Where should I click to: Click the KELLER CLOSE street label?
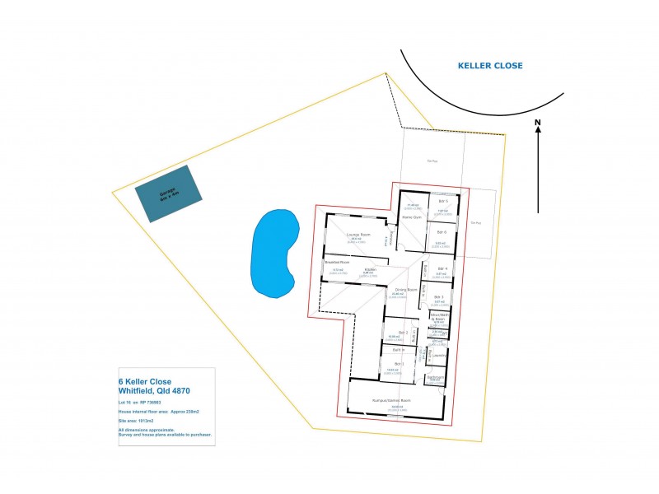coord(490,66)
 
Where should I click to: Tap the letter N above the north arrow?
coord(537,125)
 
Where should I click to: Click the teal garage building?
coord(170,193)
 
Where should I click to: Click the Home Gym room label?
coord(412,217)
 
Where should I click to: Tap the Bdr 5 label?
coord(442,201)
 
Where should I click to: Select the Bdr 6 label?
coord(441,232)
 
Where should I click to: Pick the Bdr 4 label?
coord(442,268)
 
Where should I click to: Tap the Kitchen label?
coord(371,269)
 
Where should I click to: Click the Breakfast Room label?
coord(337,263)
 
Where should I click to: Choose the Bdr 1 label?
coord(399,363)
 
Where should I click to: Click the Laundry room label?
coord(438,356)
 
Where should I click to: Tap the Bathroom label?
coord(436,377)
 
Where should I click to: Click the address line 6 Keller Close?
coord(145,382)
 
